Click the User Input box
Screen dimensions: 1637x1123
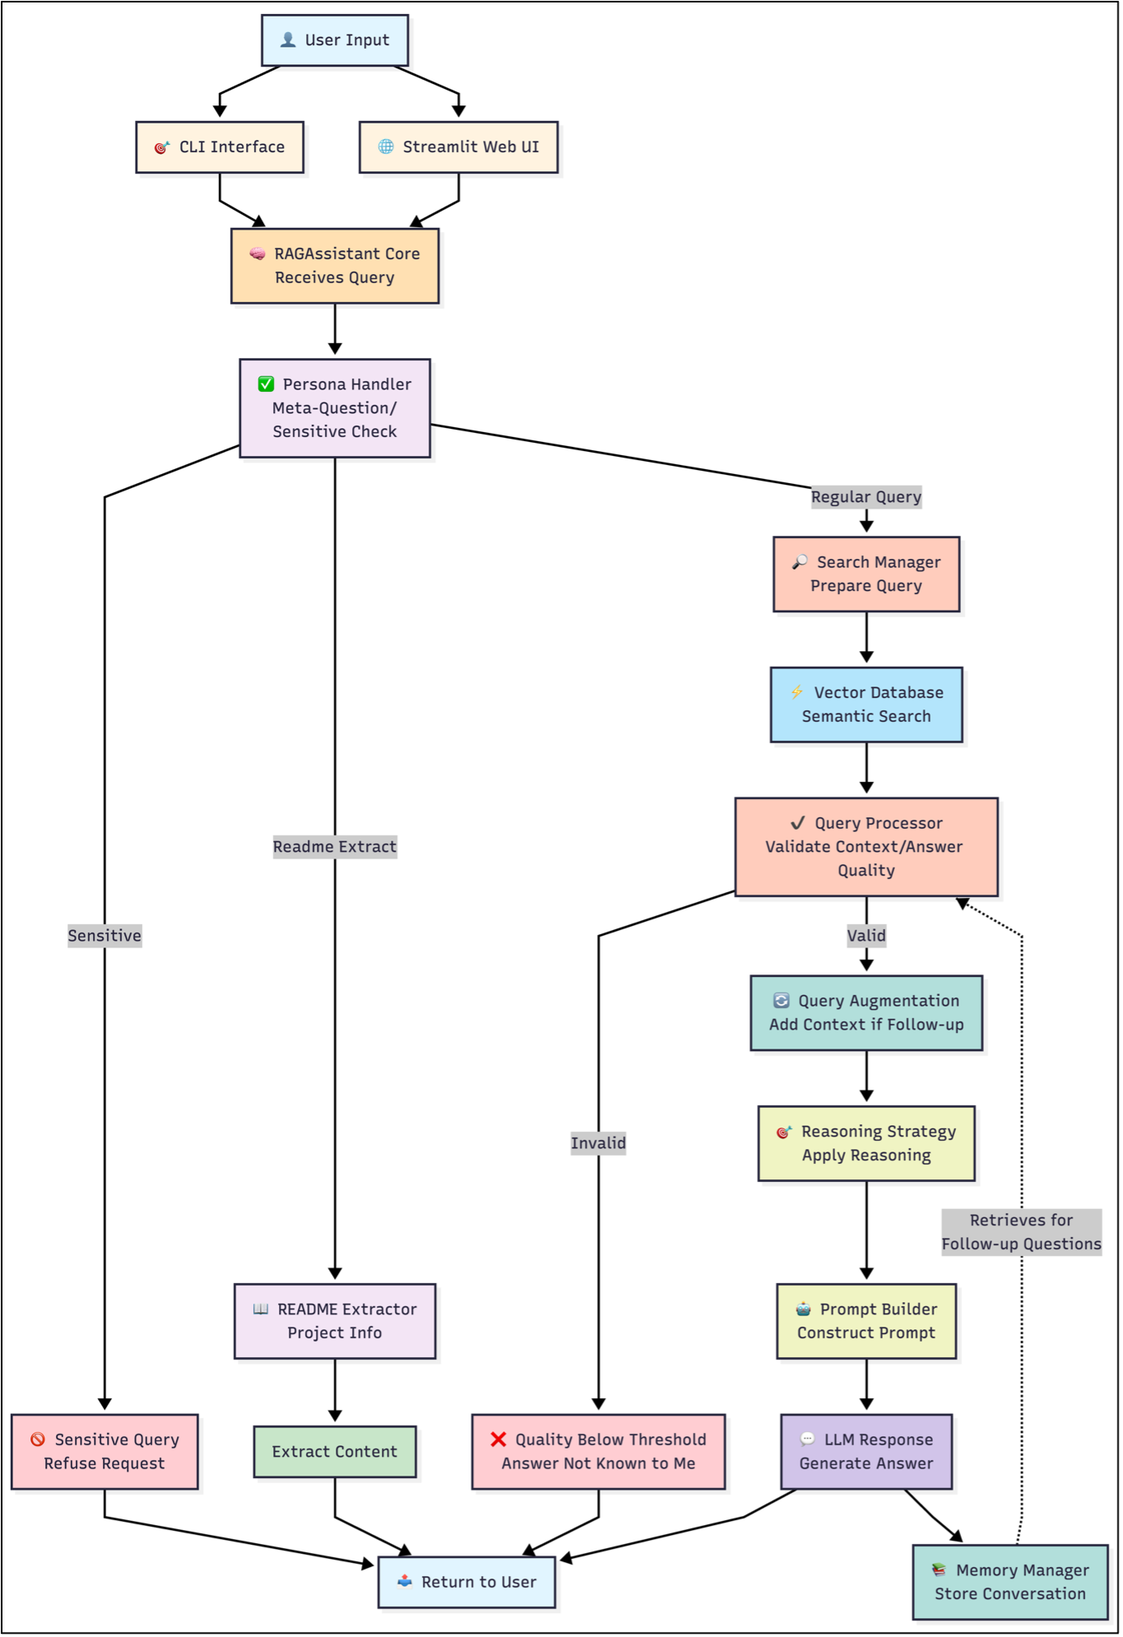point(335,40)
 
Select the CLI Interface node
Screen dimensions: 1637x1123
point(220,147)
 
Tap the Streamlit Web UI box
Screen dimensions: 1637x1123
point(458,147)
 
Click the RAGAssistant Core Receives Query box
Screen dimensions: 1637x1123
point(335,266)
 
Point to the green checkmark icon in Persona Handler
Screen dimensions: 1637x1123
point(266,384)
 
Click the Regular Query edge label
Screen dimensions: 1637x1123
point(865,497)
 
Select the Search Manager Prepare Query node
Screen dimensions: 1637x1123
point(865,574)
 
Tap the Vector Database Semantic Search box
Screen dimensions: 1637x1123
point(865,705)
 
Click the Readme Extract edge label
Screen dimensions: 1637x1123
point(335,847)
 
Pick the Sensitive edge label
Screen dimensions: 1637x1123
point(104,936)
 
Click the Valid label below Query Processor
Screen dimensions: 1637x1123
point(866,936)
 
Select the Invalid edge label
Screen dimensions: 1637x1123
point(598,1143)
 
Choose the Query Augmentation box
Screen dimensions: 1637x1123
point(865,1013)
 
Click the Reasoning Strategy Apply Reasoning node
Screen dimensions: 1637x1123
point(865,1143)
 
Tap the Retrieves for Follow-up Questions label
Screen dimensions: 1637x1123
point(1021,1232)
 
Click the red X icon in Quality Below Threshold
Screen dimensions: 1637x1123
point(499,1439)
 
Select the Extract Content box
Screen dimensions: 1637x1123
point(335,1452)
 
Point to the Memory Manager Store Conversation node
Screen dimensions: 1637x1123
point(1010,1582)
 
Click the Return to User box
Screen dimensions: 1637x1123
point(466,1582)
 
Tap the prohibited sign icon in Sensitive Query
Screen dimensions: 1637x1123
point(38,1439)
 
